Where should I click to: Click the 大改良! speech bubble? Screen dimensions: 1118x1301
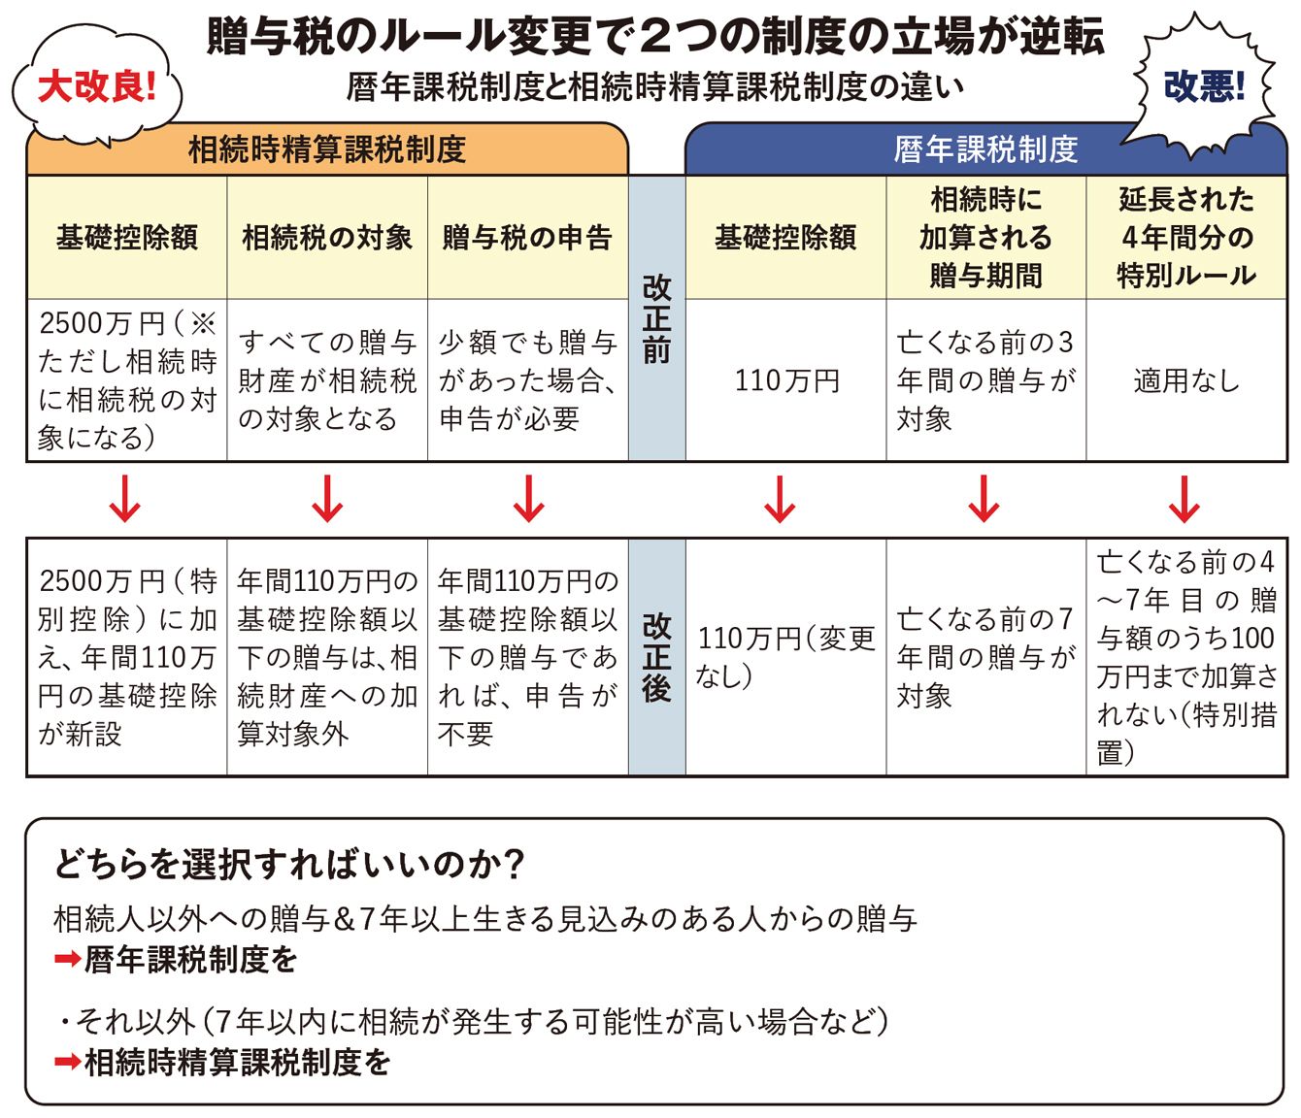(x=96, y=87)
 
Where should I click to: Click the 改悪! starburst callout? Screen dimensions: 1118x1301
(x=1204, y=87)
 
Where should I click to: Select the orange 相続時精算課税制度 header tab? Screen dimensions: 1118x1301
(x=327, y=149)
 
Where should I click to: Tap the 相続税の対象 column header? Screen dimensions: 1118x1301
(x=327, y=238)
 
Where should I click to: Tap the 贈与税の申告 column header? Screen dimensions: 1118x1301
(x=527, y=238)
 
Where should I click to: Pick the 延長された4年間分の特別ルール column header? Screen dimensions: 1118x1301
(x=1186, y=238)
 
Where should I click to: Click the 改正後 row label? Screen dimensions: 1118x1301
(x=657, y=657)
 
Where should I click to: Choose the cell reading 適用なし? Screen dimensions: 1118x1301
(x=1186, y=380)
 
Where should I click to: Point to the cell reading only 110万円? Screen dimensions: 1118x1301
(x=786, y=380)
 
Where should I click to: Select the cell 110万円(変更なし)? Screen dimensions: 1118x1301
(x=786, y=657)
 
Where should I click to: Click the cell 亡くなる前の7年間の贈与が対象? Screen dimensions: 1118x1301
(x=985, y=657)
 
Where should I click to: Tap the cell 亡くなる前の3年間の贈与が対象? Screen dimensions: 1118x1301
(x=985, y=380)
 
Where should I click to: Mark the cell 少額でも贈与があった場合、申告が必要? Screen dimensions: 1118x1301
(x=527, y=380)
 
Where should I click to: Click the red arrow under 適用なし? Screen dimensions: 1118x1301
(x=1184, y=500)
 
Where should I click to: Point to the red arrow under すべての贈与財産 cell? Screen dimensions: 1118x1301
(x=327, y=500)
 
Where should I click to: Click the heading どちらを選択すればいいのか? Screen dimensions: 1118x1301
(x=289, y=864)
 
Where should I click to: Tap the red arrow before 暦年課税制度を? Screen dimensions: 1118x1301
(x=67, y=960)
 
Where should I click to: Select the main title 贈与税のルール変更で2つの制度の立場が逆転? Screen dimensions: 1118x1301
(x=655, y=37)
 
